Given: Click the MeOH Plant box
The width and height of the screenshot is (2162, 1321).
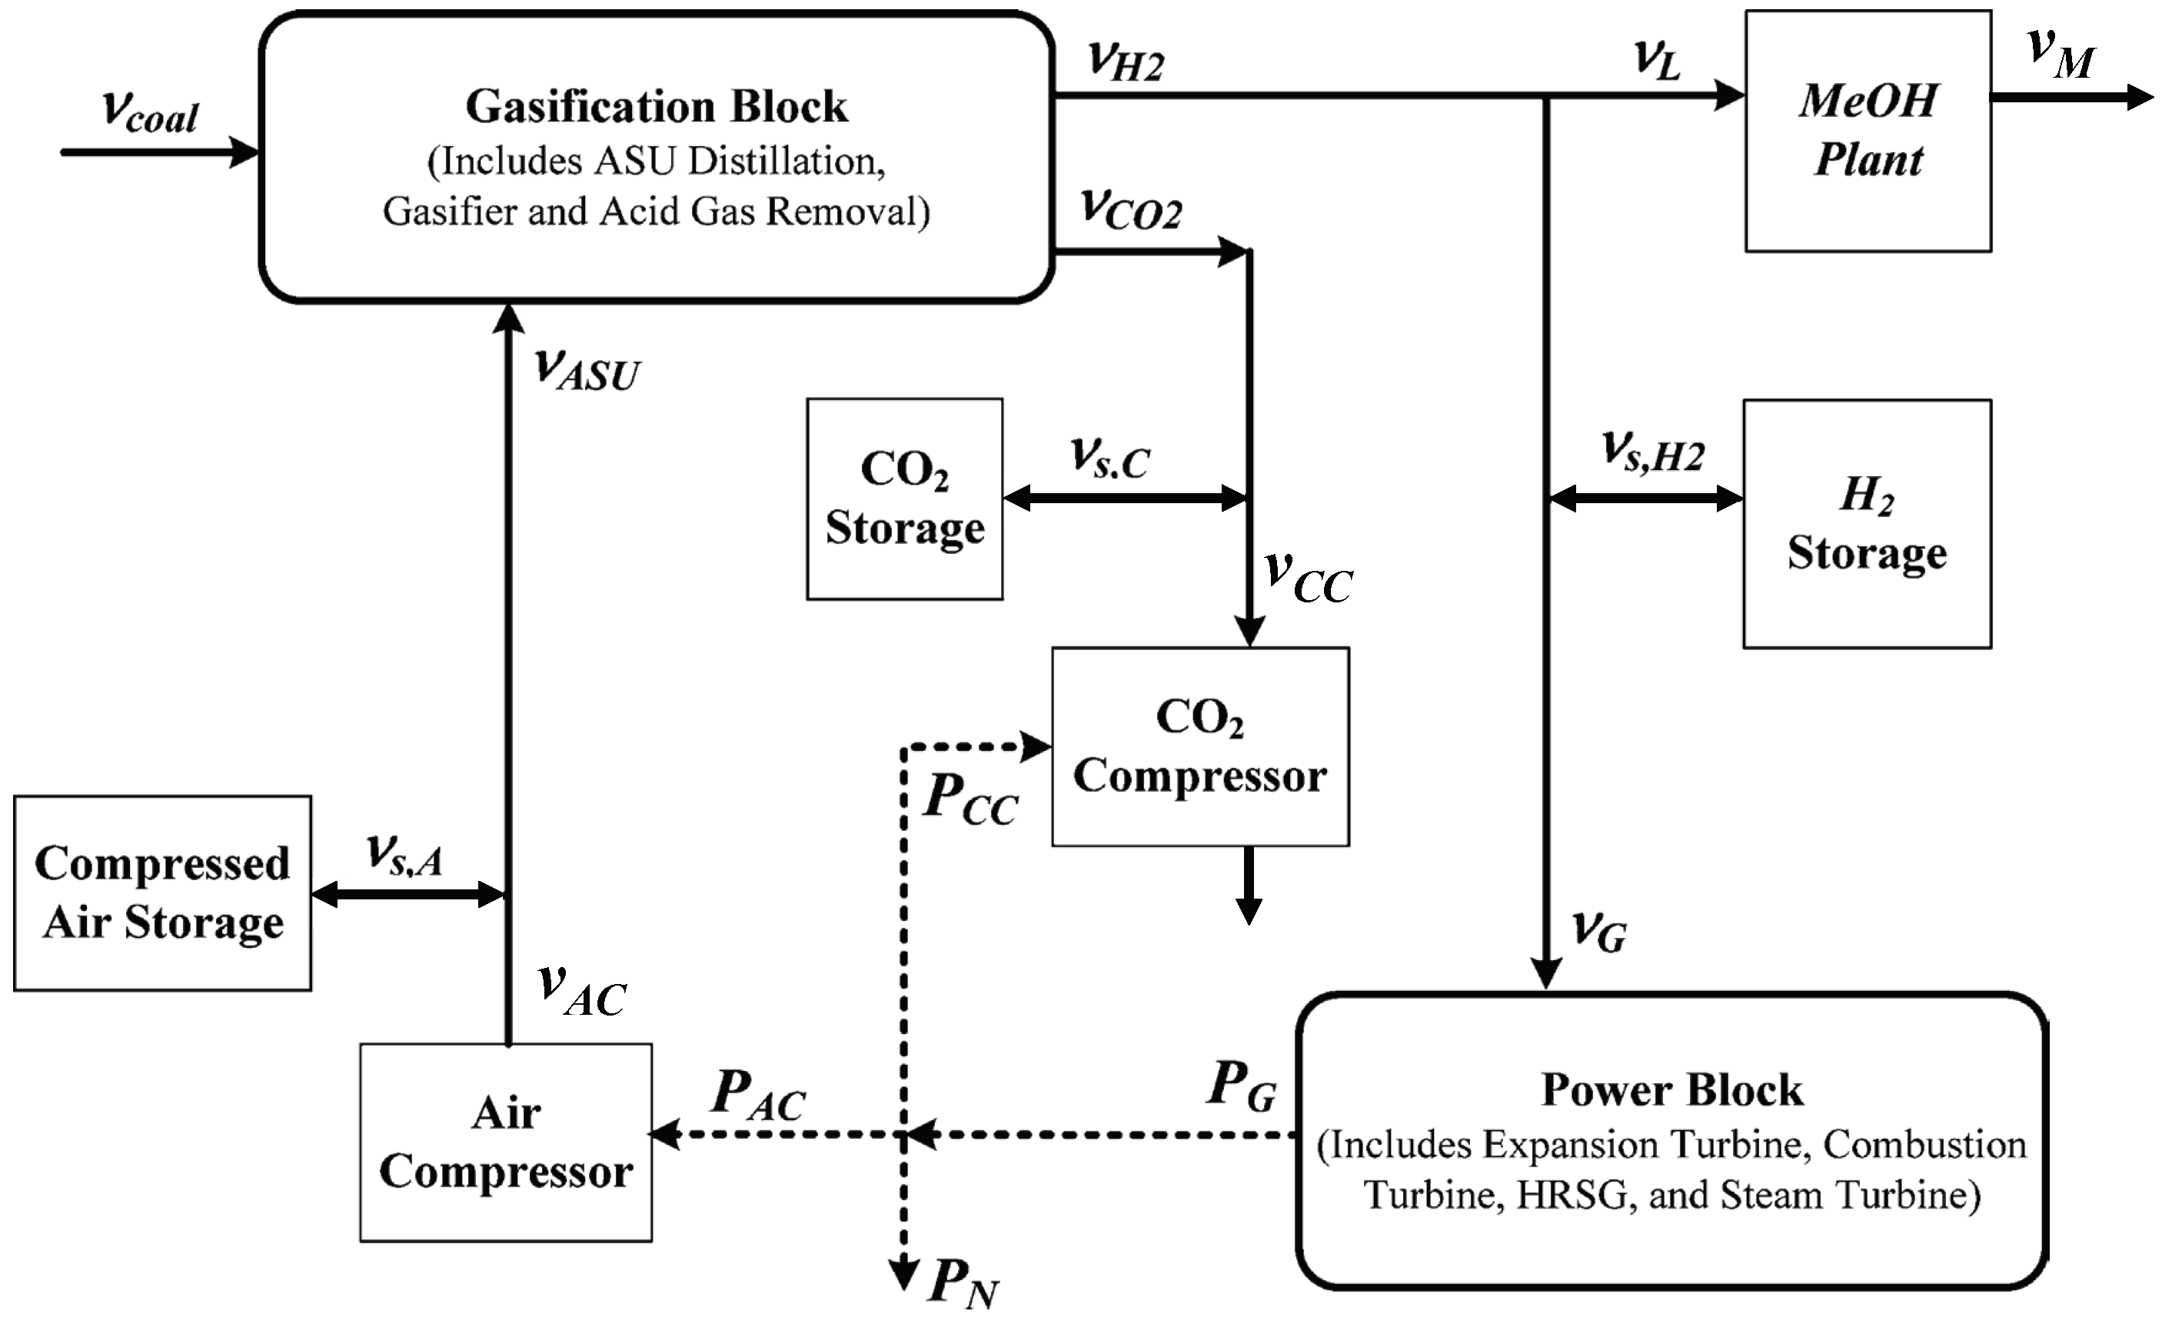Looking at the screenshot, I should (x=1868, y=132).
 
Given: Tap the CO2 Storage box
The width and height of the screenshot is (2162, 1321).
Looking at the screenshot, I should (x=905, y=499).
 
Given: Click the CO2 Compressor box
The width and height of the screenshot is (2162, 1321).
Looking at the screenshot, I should (x=1199, y=747).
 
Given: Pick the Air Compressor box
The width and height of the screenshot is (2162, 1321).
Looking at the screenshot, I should (x=505, y=1142).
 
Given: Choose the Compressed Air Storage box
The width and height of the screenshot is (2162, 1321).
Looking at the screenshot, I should (x=162, y=893).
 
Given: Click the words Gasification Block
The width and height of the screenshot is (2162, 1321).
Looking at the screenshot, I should (x=657, y=106).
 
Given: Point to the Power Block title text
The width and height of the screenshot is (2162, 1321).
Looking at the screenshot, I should (x=1671, y=1089).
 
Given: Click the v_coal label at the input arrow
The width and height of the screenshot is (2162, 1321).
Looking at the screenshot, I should (x=150, y=112).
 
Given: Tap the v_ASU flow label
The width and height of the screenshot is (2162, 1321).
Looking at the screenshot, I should (x=587, y=369).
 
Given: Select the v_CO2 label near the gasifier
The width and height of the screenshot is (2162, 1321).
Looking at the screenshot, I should (x=1131, y=209).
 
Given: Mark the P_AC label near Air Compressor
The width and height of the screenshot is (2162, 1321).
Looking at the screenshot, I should (x=758, y=1096).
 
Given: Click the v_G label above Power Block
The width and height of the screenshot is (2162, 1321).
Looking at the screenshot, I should (x=1598, y=930).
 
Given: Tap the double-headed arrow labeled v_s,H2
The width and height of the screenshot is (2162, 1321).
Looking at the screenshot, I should (x=1645, y=499).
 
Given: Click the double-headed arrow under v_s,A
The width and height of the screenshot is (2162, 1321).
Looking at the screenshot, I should (x=408, y=896).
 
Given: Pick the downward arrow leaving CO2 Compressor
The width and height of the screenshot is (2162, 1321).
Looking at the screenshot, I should (x=1248, y=886).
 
